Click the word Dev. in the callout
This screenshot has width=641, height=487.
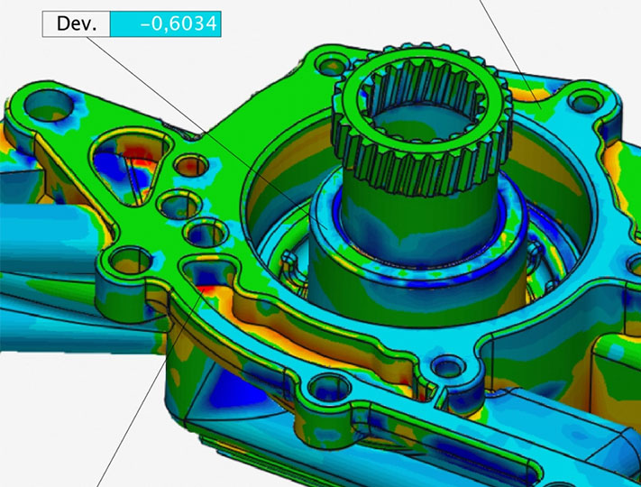77,23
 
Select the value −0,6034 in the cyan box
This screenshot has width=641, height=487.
179,23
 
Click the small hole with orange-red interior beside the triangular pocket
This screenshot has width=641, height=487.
191,165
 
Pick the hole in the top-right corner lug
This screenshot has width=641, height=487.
585,104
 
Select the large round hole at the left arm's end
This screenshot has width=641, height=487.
49,106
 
